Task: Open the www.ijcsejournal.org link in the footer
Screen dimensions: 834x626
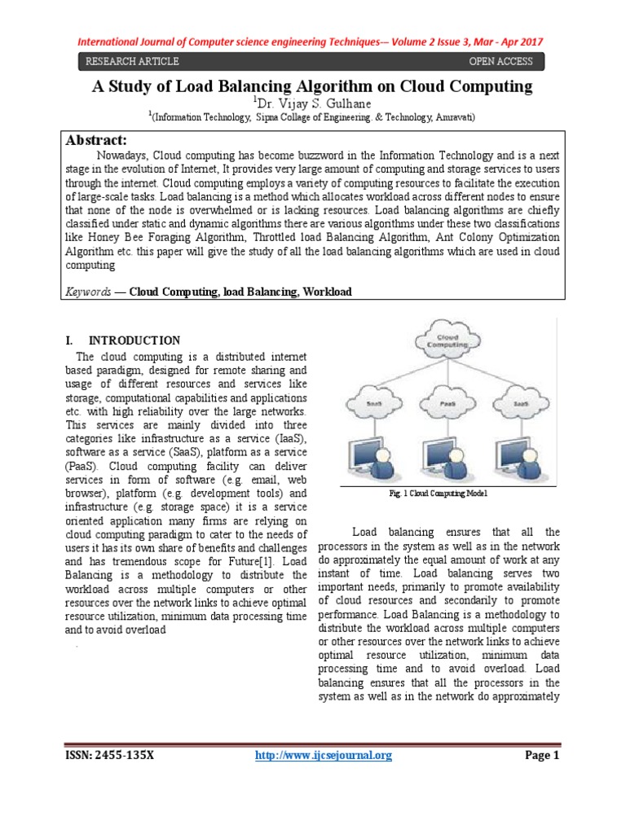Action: pyautogui.click(x=324, y=755)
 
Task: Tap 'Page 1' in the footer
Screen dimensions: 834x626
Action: pyautogui.click(x=541, y=755)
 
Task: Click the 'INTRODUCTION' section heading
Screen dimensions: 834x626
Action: pyautogui.click(x=134, y=340)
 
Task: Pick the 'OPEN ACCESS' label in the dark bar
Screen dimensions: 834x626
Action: pyautogui.click(x=500, y=62)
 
